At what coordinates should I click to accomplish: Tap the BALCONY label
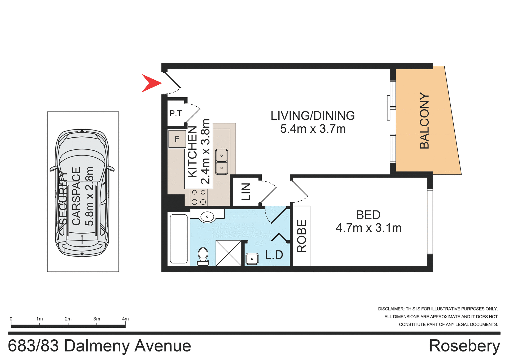point(424,121)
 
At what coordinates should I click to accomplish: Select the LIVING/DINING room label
point(313,116)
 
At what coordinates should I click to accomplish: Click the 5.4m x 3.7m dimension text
point(313,129)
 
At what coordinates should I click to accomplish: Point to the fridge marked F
point(177,139)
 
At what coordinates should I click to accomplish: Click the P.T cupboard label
point(175,114)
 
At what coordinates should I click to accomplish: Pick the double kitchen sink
point(221,162)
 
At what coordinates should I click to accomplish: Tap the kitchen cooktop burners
point(199,197)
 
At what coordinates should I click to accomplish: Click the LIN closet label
point(246,192)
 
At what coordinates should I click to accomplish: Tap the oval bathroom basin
point(207,217)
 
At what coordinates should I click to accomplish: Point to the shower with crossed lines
point(229,253)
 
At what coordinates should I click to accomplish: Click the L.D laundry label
point(274,255)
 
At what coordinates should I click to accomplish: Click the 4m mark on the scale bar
point(125,319)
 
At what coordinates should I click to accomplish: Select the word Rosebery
point(464,346)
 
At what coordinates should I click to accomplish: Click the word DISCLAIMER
point(391,309)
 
